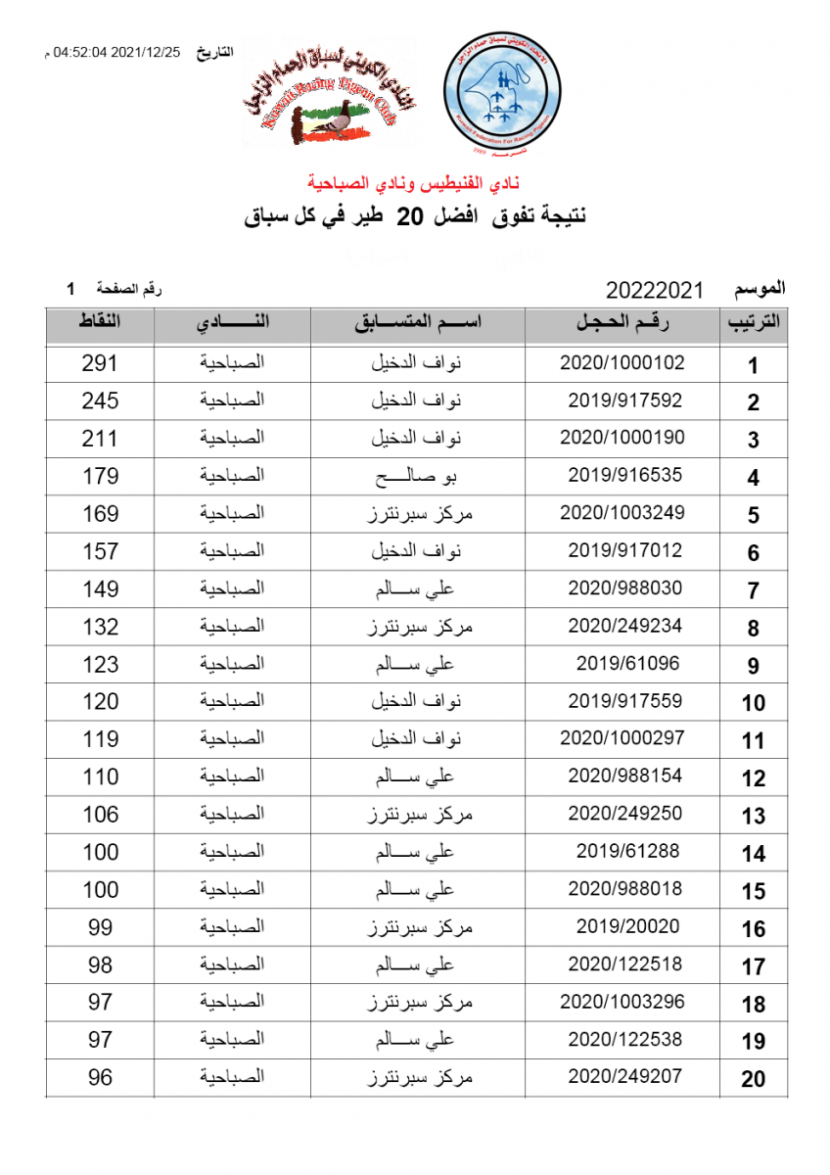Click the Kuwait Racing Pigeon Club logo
(326, 99)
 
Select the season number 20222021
(655, 291)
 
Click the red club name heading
(415, 182)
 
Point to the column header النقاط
(100, 324)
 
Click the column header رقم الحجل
(622, 324)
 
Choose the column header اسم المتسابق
(418, 324)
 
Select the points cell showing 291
(100, 363)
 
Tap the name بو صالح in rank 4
(418, 476)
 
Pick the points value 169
(100, 513)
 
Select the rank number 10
(753, 703)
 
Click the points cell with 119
(100, 739)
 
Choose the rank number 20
(753, 1079)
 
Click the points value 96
(100, 1077)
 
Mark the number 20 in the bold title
(409, 217)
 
